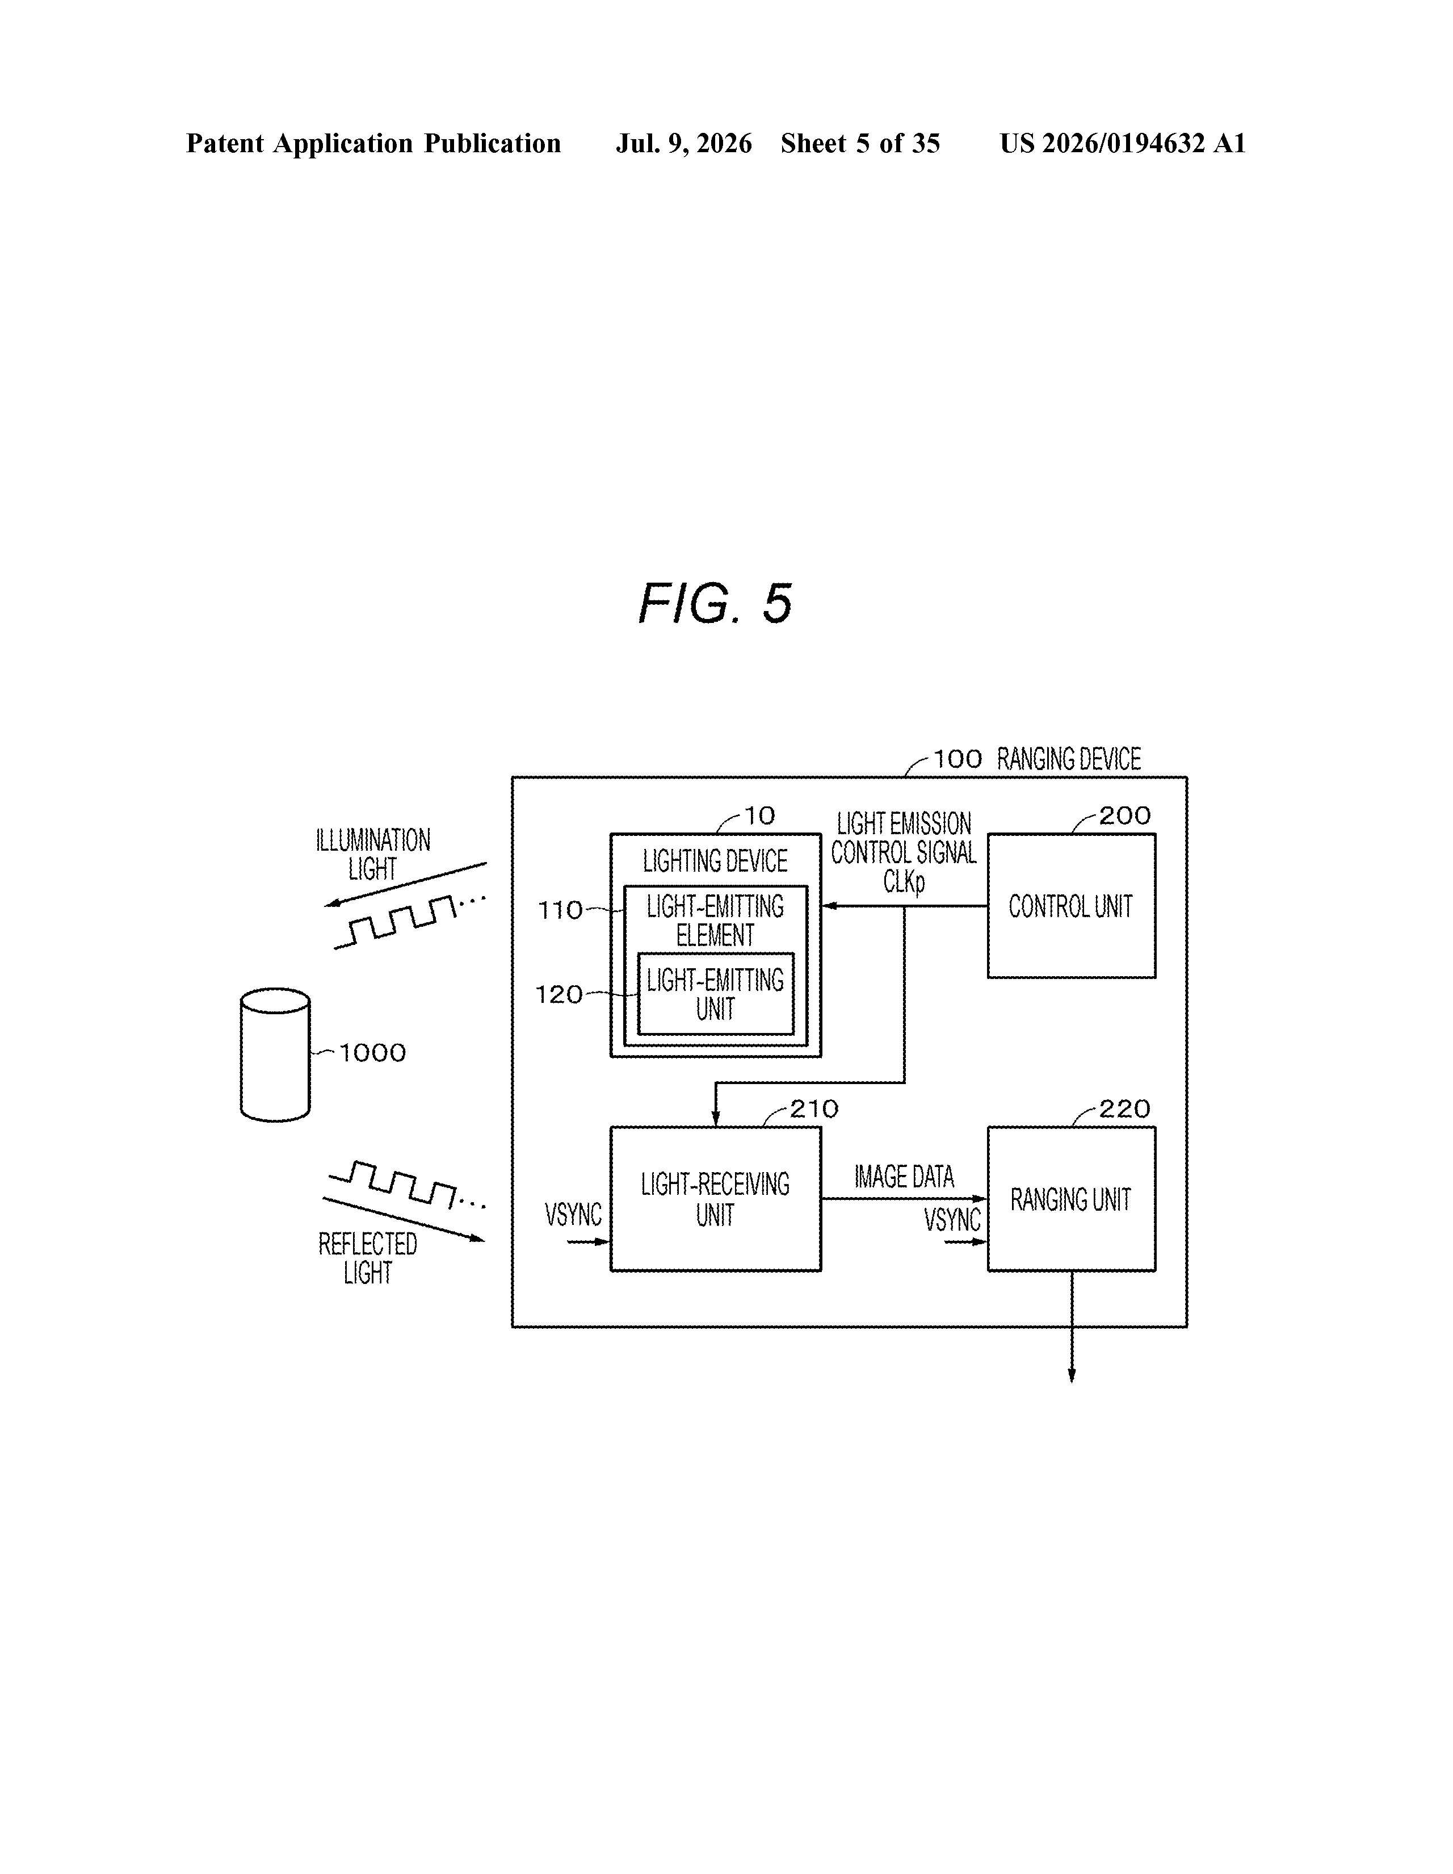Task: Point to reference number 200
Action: [1124, 815]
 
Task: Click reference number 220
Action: [1124, 1108]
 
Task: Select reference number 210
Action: [814, 1108]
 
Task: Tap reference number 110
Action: [560, 910]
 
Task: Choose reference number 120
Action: [559, 994]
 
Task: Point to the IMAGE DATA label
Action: [904, 1177]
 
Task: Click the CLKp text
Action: [904, 882]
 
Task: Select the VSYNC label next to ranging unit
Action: [952, 1219]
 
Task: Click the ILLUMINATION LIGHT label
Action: [373, 854]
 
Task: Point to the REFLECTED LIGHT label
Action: [368, 1258]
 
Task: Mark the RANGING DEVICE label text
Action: [1069, 759]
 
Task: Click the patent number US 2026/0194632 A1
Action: [1123, 143]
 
